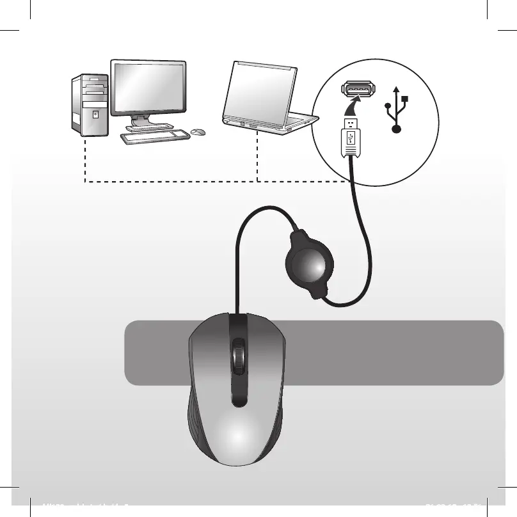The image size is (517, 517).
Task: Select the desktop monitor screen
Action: coord(148,88)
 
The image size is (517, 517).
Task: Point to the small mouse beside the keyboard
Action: coord(198,132)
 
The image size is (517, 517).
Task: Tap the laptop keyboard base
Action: coord(272,121)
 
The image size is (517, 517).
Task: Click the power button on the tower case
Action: coord(95,115)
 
